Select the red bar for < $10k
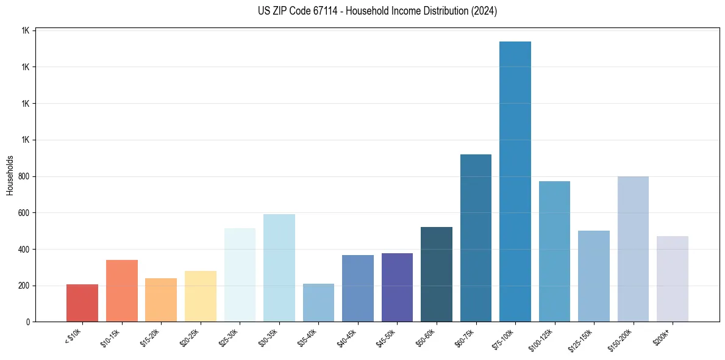82,303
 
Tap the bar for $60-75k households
476,238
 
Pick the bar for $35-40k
318,302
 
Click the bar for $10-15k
122,290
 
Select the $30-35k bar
279,268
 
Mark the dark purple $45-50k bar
397,287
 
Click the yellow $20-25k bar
201,296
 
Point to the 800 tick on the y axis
24,176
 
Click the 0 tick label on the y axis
28,322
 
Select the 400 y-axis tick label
24,250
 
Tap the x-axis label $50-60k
426,336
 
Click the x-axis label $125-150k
581,338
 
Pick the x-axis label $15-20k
150,336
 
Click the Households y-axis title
10,175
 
